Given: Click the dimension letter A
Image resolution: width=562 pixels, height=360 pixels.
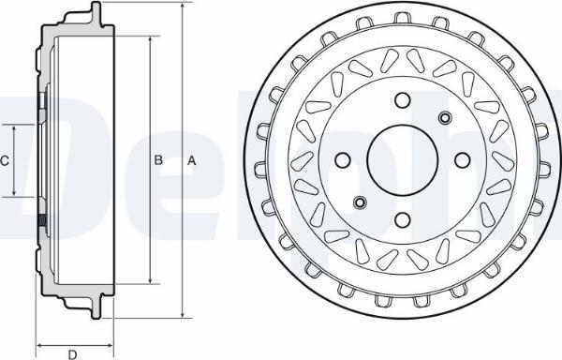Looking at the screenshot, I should (x=192, y=160).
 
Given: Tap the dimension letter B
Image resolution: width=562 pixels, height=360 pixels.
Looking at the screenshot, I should (x=158, y=160).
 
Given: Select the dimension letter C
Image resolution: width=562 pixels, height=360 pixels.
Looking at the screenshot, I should (x=5, y=160).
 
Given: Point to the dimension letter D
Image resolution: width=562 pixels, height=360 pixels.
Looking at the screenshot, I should (x=72, y=353).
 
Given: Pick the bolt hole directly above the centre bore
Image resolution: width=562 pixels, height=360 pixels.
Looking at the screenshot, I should (x=402, y=99).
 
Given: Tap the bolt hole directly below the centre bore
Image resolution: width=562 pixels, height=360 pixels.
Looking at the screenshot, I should (x=402, y=220).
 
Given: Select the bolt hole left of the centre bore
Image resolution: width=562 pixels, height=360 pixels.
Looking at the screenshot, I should (x=342, y=160).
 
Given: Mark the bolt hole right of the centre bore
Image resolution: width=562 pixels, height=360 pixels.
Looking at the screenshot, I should (x=462, y=160).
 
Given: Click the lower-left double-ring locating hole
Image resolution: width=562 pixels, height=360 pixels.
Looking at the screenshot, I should (x=360, y=202).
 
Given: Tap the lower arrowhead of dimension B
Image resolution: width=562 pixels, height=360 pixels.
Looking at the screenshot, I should (x=151, y=280).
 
